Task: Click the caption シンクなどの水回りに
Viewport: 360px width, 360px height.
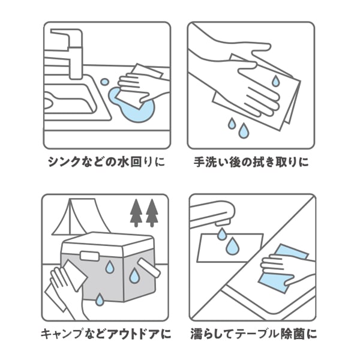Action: coord(106,162)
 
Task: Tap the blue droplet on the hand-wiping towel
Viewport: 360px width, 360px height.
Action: coord(274,80)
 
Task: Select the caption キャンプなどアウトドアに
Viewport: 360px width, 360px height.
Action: coord(106,332)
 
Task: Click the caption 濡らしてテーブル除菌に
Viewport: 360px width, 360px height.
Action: coord(253,332)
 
